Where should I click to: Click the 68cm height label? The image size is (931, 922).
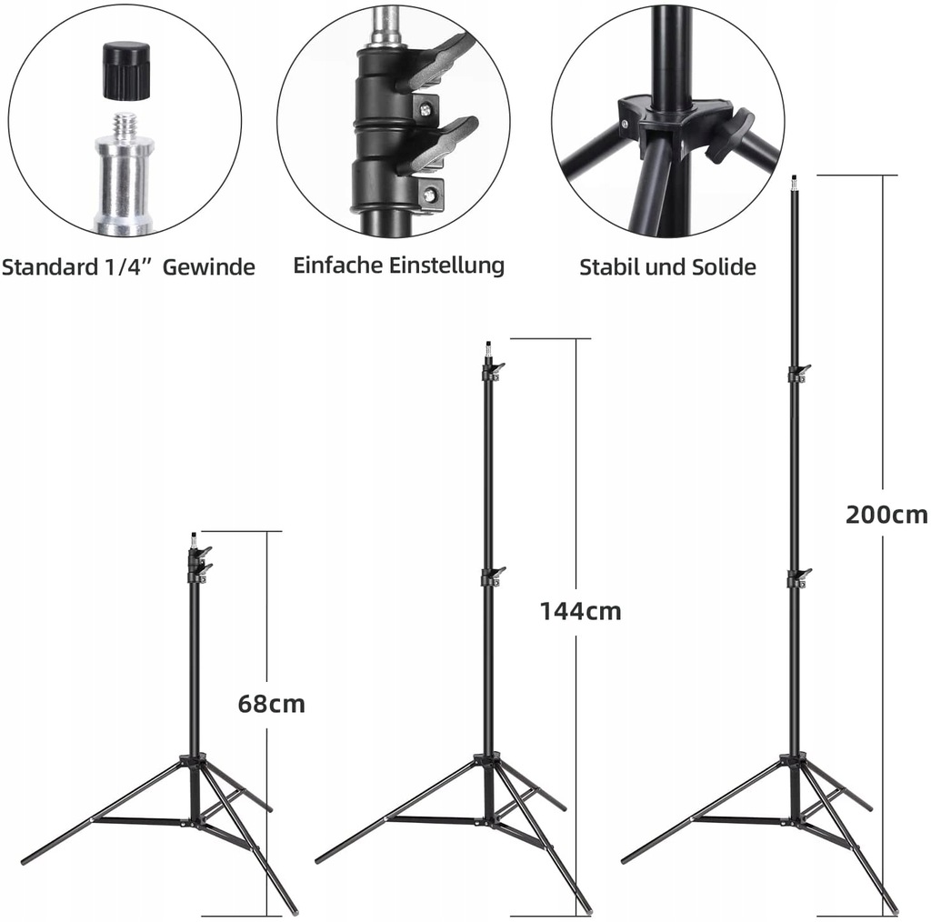click(x=271, y=704)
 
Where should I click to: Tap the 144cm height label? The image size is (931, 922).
click(x=580, y=611)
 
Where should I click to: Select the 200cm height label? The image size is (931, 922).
click(x=886, y=515)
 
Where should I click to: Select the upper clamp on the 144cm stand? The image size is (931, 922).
click(x=491, y=371)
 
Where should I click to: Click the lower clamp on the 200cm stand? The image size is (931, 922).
click(x=797, y=577)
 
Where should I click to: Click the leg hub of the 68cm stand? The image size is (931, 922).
click(x=194, y=764)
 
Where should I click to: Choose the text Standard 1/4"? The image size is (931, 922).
click(x=75, y=267)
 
